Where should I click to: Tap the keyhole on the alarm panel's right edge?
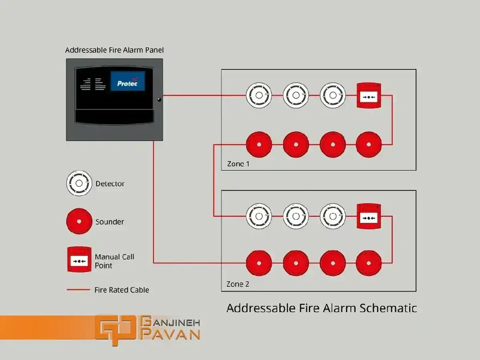tap(159, 99)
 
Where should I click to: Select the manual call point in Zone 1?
tap(368, 96)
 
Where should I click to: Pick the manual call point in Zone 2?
tap(368, 216)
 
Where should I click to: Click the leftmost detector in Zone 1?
tap(258, 96)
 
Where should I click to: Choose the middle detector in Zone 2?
tap(296, 216)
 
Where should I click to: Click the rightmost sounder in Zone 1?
tap(369, 144)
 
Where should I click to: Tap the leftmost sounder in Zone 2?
tap(259, 263)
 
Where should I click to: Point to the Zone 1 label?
tap(238, 164)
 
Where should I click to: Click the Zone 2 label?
tap(238, 284)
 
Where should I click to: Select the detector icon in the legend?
tap(79, 183)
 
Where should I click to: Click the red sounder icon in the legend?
tap(79, 221)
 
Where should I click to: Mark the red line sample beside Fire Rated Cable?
tap(78, 290)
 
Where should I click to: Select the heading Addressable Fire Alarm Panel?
tap(114, 50)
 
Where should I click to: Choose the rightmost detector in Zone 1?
tap(333, 96)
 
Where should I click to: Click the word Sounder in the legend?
tap(110, 222)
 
